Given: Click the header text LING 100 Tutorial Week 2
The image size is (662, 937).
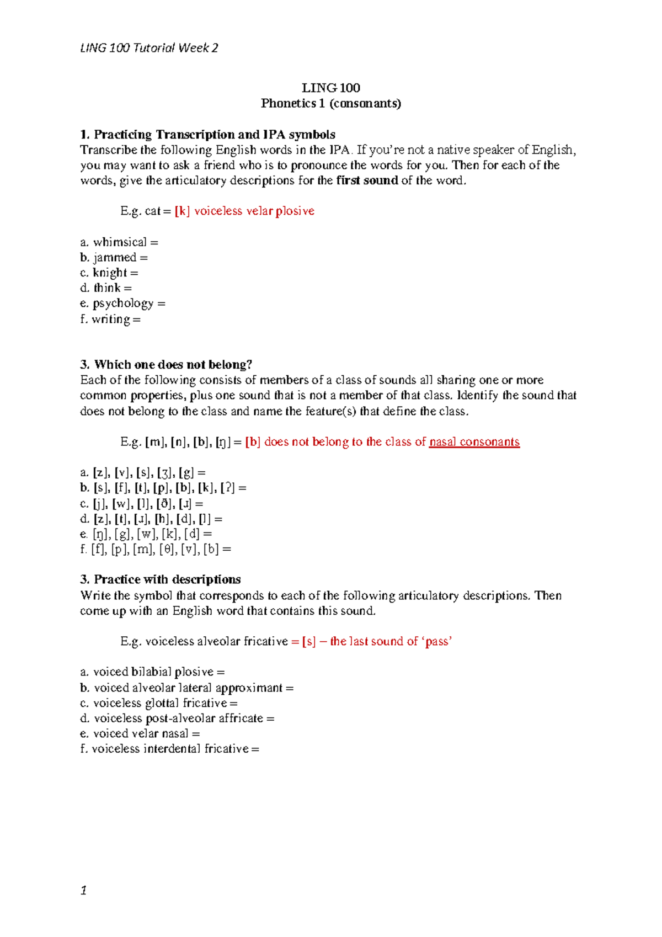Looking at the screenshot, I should [x=149, y=48].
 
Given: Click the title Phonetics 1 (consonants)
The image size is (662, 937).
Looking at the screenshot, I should [x=330, y=103].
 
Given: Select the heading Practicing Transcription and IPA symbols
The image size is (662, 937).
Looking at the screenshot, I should [x=214, y=135].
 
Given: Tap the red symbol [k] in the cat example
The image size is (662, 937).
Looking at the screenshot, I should [x=182, y=211].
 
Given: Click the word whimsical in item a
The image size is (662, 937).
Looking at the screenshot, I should [x=120, y=242].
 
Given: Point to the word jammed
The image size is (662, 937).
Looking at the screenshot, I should [x=115, y=258].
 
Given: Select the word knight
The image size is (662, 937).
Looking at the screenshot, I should [x=110, y=273].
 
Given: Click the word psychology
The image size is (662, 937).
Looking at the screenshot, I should [x=123, y=304].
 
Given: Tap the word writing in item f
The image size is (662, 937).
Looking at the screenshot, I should [x=111, y=320].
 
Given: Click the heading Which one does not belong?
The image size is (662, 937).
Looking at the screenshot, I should [x=173, y=365].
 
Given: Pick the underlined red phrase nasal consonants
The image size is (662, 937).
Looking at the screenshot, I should [x=474, y=442].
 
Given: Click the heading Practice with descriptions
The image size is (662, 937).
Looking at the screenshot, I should [x=167, y=579].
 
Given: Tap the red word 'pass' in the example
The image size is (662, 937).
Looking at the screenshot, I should [x=437, y=641].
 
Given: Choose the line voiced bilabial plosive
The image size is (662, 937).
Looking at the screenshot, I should [x=153, y=672].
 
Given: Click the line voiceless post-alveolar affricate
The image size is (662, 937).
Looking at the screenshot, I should [x=178, y=718].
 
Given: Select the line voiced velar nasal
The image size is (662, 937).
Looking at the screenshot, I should [x=141, y=734].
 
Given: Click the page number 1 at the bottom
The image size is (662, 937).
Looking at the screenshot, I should [x=83, y=890].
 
